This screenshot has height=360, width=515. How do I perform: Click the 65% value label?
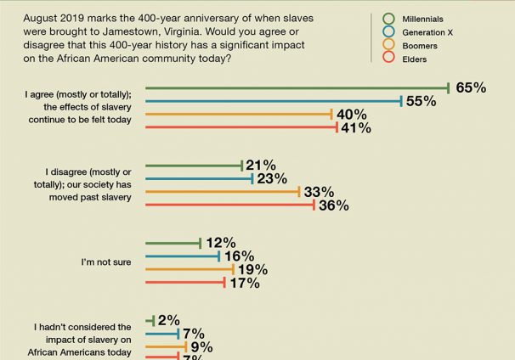coord(471,87)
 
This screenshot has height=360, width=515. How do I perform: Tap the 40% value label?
coord(352,115)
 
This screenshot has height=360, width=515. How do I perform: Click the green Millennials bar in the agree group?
coord(297,87)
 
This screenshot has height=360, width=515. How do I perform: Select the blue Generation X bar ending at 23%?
coord(200,178)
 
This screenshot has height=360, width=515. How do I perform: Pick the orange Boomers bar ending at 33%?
coord(223,192)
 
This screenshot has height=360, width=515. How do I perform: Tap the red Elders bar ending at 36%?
coord(230,205)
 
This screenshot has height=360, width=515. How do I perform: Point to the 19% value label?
coord(252,270)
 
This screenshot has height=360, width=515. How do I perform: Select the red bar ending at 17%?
coord(184,284)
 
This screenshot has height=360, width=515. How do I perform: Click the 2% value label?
coord(168,320)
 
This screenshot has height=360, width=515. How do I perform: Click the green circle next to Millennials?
coord(389,18)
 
